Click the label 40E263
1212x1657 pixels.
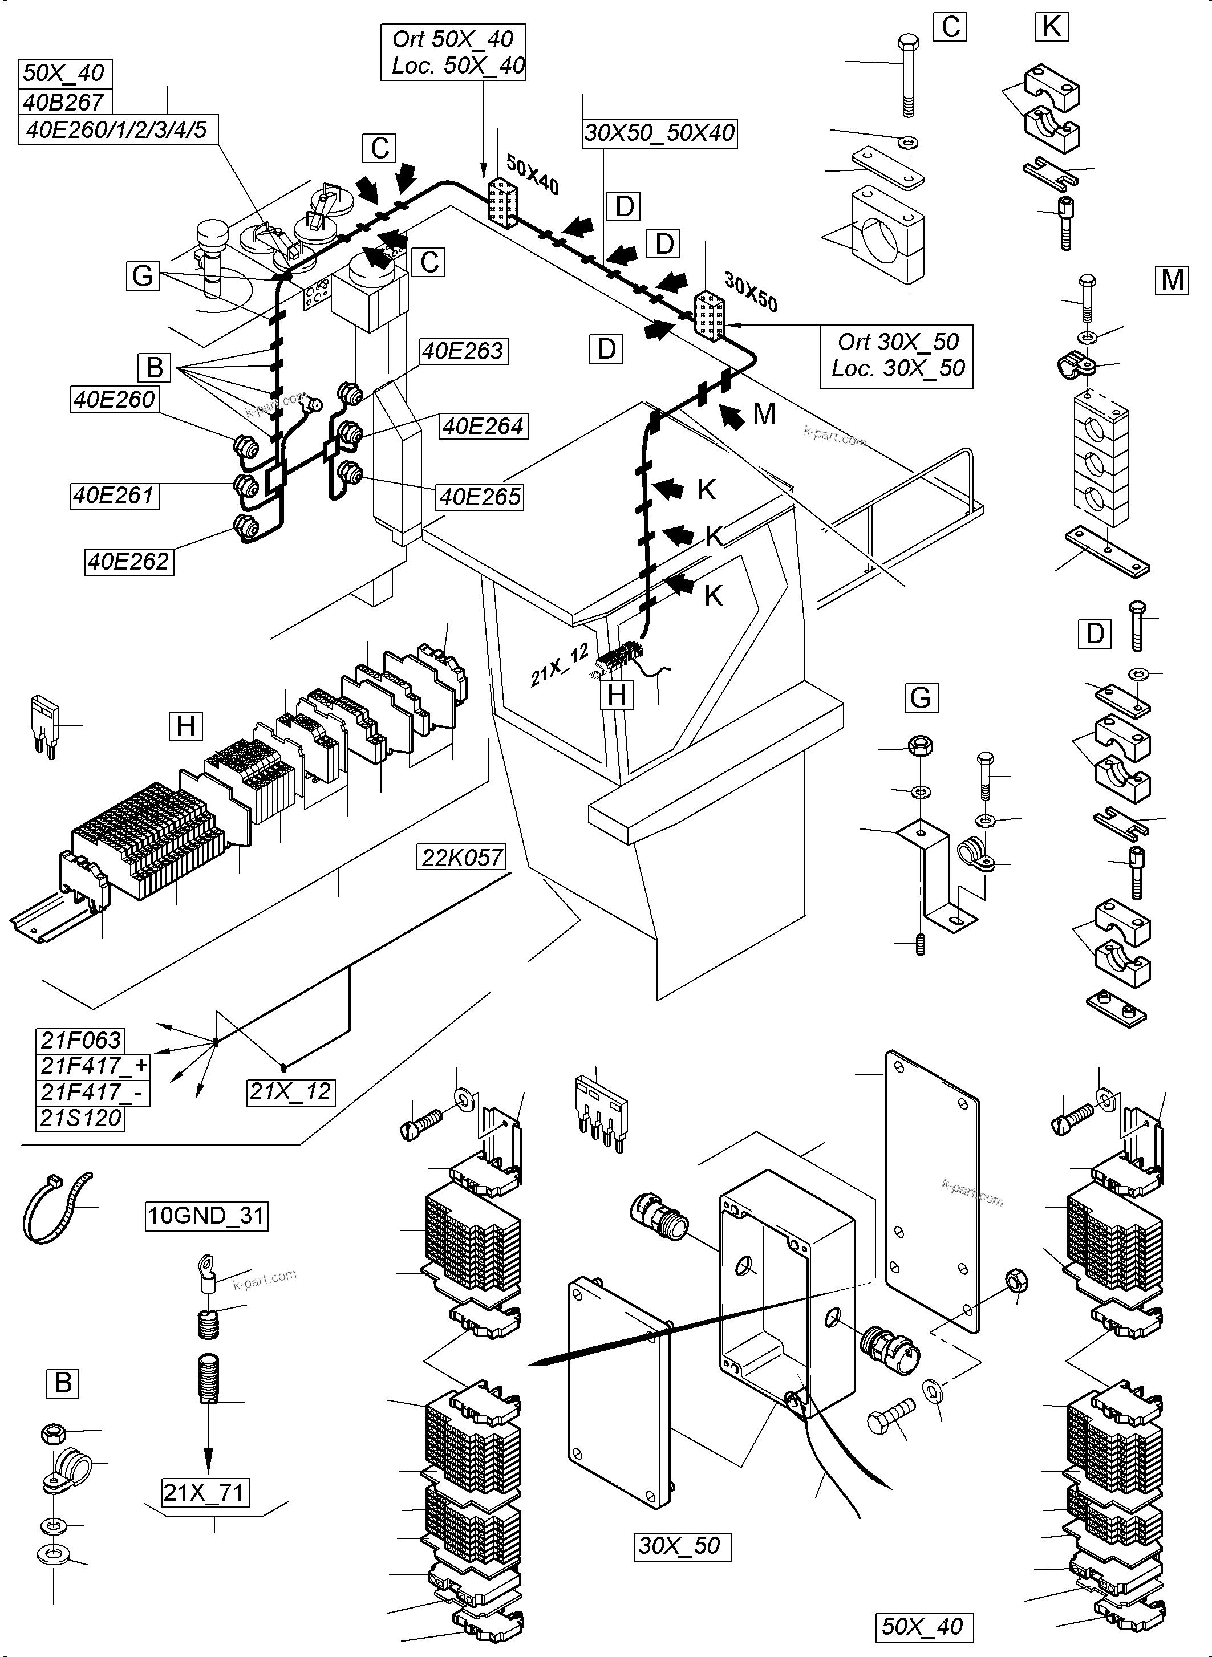pyautogui.click(x=463, y=351)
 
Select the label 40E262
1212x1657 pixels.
pyautogui.click(x=129, y=561)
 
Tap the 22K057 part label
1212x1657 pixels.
pyautogui.click(x=462, y=857)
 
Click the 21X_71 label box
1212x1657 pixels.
pyautogui.click(x=205, y=1492)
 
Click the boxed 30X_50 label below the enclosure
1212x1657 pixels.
pyautogui.click(x=681, y=1545)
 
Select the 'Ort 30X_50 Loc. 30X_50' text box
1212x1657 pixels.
pyautogui.click(x=897, y=356)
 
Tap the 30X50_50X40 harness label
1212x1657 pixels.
pyautogui.click(x=659, y=133)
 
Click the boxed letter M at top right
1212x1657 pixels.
pyautogui.click(x=1172, y=279)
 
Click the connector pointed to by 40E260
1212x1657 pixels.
pyautogui.click(x=244, y=445)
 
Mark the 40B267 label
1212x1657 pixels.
pyautogui.click(x=64, y=102)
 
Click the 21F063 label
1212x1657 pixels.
pyautogui.click(x=80, y=1040)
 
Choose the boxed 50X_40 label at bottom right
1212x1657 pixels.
pyautogui.click(x=923, y=1627)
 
